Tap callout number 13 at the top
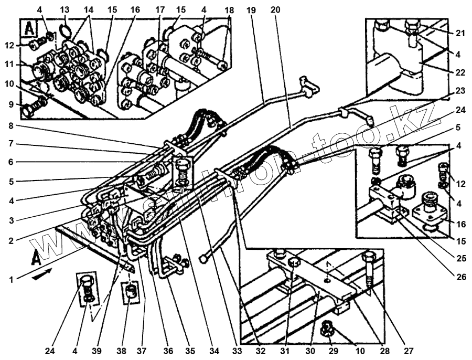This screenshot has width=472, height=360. pyautogui.click(x=63, y=10)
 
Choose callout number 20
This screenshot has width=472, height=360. pyautogui.click(x=275, y=10)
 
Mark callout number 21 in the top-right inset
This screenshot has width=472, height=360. pyautogui.click(x=460, y=33)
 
